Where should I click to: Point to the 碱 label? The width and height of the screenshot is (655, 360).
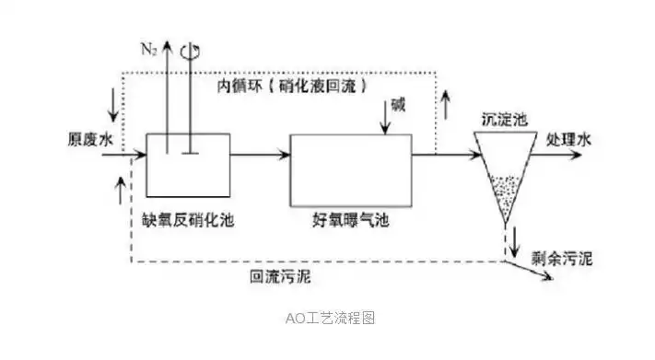coord(397,104)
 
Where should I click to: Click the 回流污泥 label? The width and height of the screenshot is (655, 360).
coord(279,275)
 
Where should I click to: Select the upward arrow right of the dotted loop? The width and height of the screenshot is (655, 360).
coord(450,104)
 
